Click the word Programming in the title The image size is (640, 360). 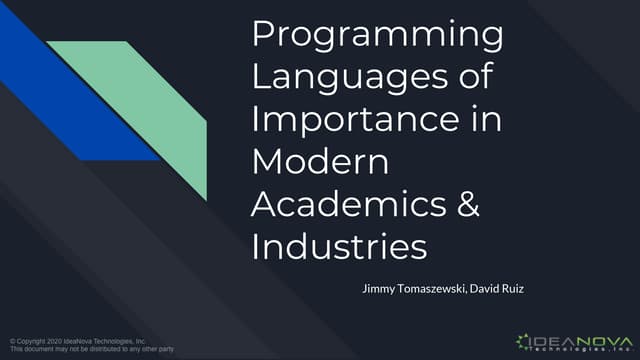(x=377, y=36)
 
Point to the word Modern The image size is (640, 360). (x=319, y=161)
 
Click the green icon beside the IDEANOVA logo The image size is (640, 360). (x=525, y=341)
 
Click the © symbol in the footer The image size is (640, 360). (x=10, y=341)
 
